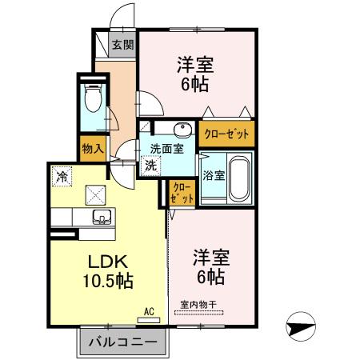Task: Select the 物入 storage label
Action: [x=92, y=148]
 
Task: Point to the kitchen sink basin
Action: [x=102, y=216]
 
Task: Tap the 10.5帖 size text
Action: [x=106, y=281]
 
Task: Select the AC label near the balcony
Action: [x=148, y=311]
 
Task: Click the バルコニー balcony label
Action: [x=124, y=342]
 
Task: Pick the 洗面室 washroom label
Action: [x=166, y=148]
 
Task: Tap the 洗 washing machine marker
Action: [x=150, y=166]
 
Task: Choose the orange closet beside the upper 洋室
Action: [x=227, y=134]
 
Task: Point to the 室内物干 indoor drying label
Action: [x=198, y=304]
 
